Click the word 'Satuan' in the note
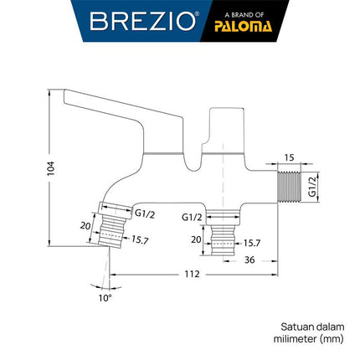coord(294,327)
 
